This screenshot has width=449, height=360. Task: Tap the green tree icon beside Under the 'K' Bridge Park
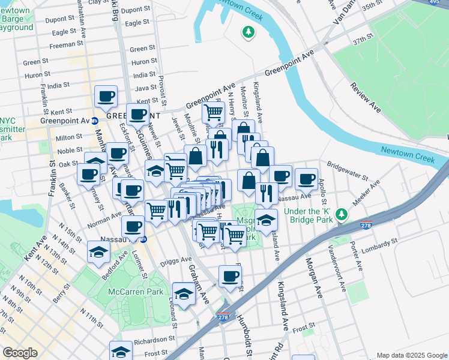[x=342, y=214]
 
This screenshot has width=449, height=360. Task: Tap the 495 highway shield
[x=442, y=4]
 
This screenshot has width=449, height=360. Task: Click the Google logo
[x=20, y=353]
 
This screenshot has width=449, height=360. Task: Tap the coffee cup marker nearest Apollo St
[x=306, y=179]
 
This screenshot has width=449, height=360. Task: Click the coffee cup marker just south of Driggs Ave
[x=230, y=276]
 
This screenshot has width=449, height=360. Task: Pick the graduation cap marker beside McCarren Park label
[x=184, y=293]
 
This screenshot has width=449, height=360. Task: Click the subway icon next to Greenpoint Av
[x=95, y=120]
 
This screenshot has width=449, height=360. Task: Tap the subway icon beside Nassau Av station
[x=143, y=239]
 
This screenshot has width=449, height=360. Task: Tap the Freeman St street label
[x=62, y=45]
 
